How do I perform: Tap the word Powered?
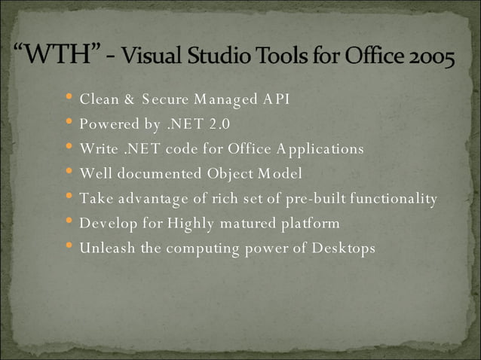[108, 124]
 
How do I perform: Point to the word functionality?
[391, 198]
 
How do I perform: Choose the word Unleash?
[106, 248]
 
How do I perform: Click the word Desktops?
[342, 248]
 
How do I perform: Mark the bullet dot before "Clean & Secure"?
[69, 98]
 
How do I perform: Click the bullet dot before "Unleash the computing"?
[69, 247]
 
